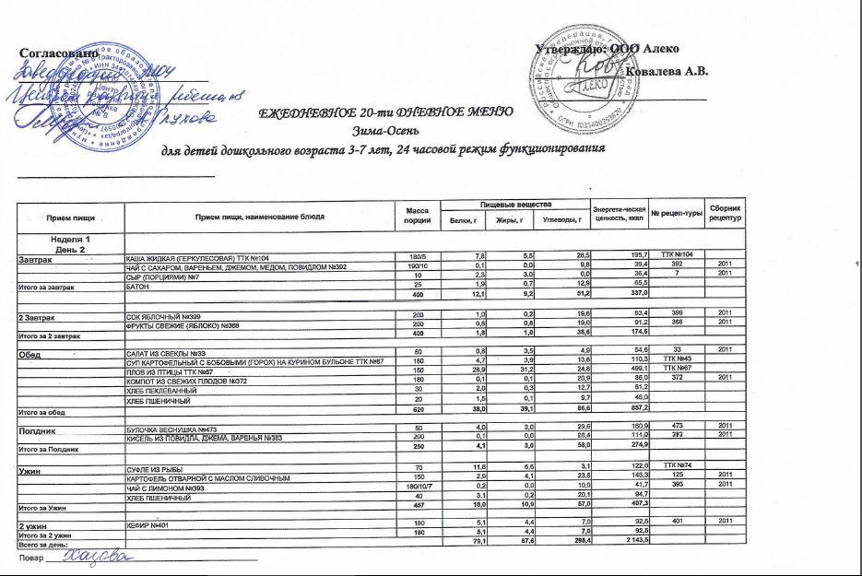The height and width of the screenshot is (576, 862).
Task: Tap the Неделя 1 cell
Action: point(70,240)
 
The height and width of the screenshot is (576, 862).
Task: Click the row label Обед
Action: point(33,354)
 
